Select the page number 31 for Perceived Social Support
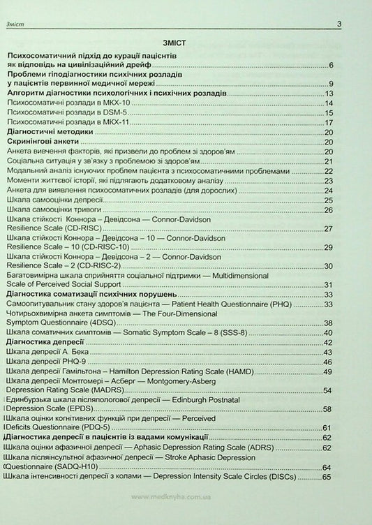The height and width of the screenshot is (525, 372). [x=327, y=285]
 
